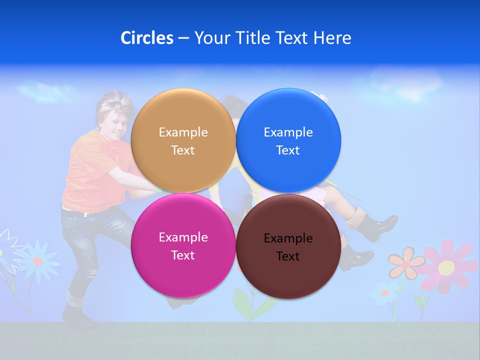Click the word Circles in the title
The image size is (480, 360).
pyautogui.click(x=146, y=38)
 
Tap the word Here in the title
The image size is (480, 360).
pyautogui.click(x=332, y=38)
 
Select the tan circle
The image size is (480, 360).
pyautogui.click(x=183, y=140)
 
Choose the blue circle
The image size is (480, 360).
pyautogui.click(x=288, y=140)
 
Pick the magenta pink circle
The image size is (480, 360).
pyautogui.click(x=183, y=245)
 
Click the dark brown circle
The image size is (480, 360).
pyautogui.click(x=288, y=246)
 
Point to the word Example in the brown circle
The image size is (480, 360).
pyautogui.click(x=288, y=238)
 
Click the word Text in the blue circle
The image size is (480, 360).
pyautogui.click(x=288, y=150)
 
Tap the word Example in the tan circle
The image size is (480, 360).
pyautogui.click(x=183, y=132)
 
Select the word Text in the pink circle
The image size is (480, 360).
pyautogui.click(x=183, y=255)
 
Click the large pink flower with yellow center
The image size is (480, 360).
pyautogui.click(x=446, y=266)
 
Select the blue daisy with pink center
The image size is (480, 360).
pyautogui.click(x=38, y=261)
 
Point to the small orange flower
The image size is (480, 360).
pyautogui.click(x=405, y=263)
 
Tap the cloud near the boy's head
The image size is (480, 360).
pyautogui.click(x=47, y=91)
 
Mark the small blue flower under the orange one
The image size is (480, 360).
pyautogui.click(x=384, y=292)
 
